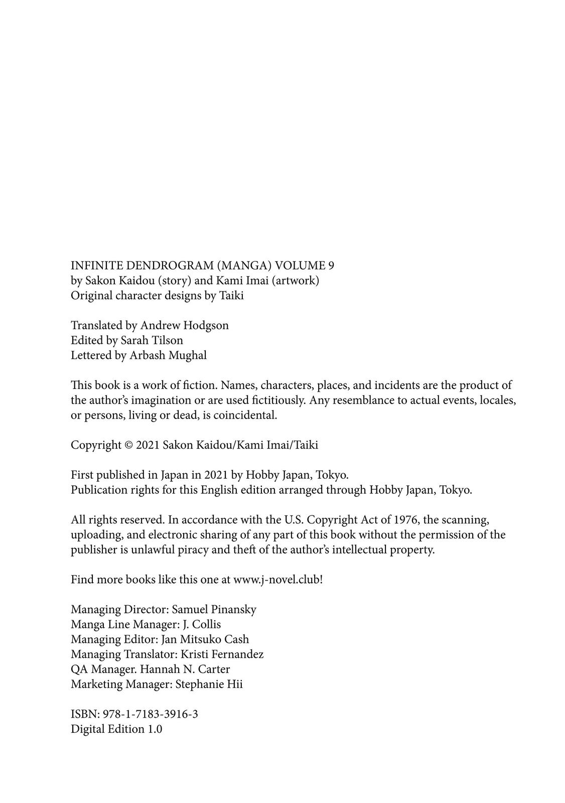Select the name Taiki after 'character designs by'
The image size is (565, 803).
click(x=231, y=296)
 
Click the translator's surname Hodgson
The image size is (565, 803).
click(x=206, y=325)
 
